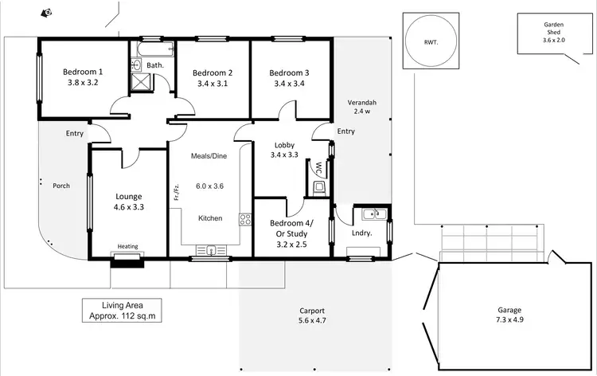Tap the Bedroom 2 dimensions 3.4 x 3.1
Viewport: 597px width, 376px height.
(x=212, y=83)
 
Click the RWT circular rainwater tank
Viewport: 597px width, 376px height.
(x=431, y=41)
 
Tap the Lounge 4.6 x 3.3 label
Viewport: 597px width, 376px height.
(x=127, y=202)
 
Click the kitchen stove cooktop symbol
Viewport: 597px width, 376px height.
(x=245, y=219)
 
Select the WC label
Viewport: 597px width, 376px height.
(x=318, y=169)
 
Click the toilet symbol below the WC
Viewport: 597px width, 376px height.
(x=319, y=187)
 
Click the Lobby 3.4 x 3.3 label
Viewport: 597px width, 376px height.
(x=284, y=150)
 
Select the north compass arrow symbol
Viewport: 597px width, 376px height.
(x=48, y=12)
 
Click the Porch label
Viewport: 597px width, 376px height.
(x=61, y=186)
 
